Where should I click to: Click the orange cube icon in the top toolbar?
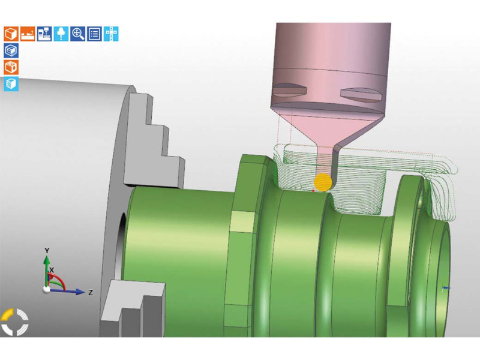click(x=11, y=34)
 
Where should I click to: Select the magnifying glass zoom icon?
click(x=78, y=34)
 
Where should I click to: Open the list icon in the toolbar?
click(x=95, y=34)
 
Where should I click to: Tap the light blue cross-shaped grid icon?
click(x=112, y=34)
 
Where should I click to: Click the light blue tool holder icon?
click(x=61, y=34)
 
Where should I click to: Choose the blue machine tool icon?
click(x=44, y=34)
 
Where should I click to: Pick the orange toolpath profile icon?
click(x=28, y=34)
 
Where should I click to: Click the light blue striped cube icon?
click(x=11, y=84)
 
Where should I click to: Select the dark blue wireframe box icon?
click(x=11, y=50)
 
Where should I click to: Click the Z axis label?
click(x=90, y=293)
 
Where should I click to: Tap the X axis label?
click(x=52, y=271)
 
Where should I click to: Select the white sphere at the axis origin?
click(x=47, y=290)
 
